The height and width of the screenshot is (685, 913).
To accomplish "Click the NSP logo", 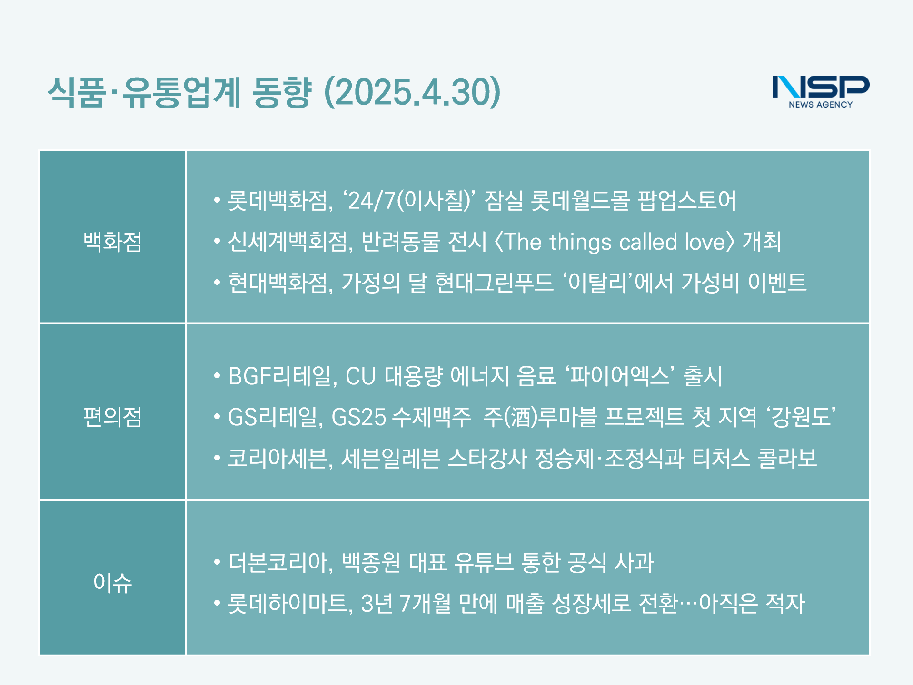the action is pos(821,91).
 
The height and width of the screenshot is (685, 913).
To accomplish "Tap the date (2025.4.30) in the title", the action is pos(412,92).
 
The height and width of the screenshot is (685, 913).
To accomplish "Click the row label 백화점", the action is pos(113,241).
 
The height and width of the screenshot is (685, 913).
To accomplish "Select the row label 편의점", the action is pos(113,417).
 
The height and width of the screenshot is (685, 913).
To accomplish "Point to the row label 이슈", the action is pos(113,582).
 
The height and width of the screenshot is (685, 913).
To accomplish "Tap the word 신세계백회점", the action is pos(288,242).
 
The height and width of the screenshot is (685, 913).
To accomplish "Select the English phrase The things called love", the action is pos(615,242).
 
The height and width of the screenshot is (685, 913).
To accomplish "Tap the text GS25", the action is pos(358,417).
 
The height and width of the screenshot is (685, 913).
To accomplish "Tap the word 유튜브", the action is pos(484,562).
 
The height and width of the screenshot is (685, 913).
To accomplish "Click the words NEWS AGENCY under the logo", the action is pos(821,104).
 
